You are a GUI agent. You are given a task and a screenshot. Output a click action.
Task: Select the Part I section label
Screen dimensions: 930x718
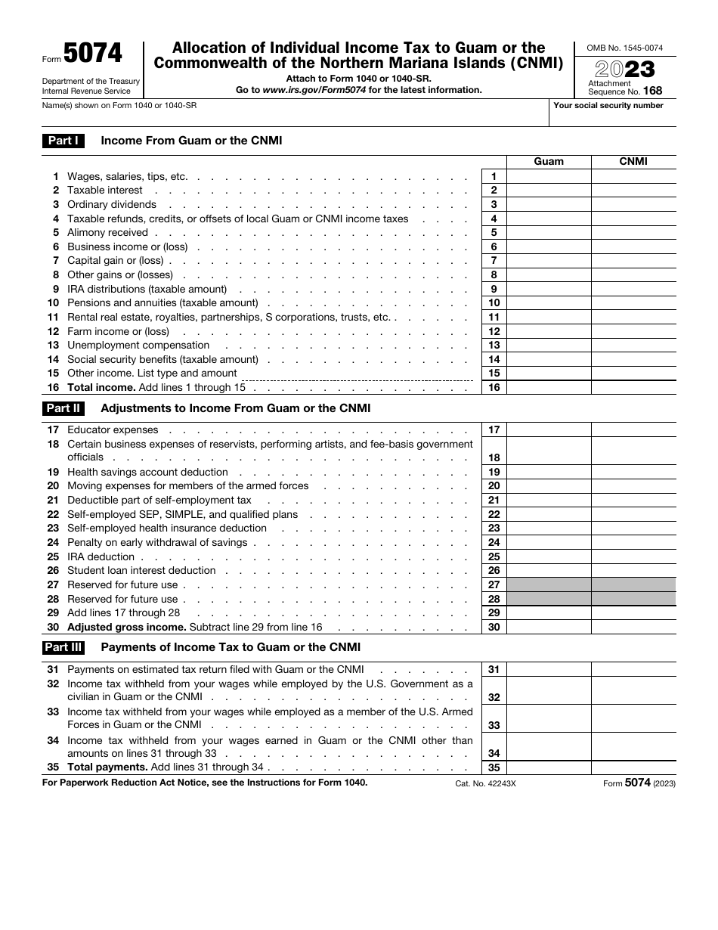(x=63, y=141)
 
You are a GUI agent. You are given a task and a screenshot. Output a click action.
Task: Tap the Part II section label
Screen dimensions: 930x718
(x=63, y=408)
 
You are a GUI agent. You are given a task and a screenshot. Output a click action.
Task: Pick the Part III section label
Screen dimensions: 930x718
(x=63, y=647)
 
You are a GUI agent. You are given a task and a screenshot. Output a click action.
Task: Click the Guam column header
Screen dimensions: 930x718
(x=549, y=161)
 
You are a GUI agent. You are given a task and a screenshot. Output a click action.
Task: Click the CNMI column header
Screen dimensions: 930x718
(x=633, y=161)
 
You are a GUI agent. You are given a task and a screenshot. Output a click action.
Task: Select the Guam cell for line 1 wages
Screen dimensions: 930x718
(x=549, y=176)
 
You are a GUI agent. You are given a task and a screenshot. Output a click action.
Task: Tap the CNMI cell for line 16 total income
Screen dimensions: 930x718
(x=633, y=387)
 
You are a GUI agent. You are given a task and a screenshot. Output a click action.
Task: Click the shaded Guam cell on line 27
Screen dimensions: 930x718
(x=549, y=584)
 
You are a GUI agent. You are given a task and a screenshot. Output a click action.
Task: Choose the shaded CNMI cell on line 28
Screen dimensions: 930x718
(x=633, y=599)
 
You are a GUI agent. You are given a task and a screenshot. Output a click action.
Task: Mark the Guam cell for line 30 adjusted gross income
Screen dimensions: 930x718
(x=549, y=627)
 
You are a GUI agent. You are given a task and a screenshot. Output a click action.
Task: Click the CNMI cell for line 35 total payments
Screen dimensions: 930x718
(x=633, y=767)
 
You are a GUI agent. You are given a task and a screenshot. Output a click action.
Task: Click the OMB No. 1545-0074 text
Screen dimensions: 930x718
(x=625, y=48)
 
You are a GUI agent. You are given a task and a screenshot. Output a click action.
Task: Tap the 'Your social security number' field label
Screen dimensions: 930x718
(x=608, y=106)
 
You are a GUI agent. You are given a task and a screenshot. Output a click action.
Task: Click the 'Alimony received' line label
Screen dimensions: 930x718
(x=107, y=233)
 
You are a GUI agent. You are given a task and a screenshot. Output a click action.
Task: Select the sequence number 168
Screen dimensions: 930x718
(x=652, y=91)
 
